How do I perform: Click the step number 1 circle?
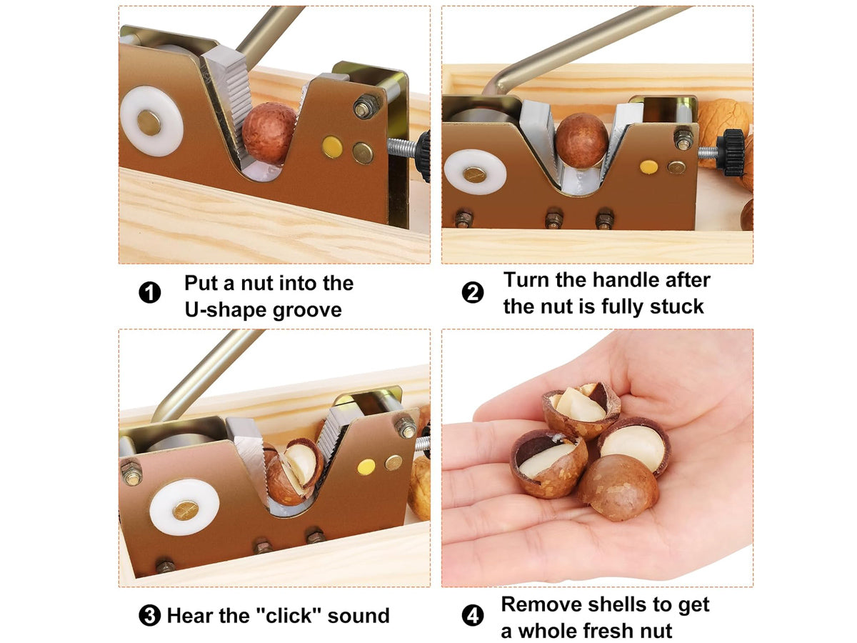[x=149, y=292]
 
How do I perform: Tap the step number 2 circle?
[x=473, y=292]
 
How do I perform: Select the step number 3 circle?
[x=149, y=615]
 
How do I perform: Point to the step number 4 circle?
[x=473, y=616]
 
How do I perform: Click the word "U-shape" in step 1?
[x=224, y=310]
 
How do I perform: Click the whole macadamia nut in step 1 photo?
[x=269, y=133]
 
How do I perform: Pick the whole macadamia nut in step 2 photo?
[x=582, y=140]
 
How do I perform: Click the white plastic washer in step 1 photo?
[x=151, y=121]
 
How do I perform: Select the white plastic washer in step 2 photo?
[x=475, y=172]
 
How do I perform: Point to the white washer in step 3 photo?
[x=184, y=507]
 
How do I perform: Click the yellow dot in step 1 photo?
[x=332, y=146]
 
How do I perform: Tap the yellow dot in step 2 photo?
[x=648, y=166]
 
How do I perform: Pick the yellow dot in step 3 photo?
[x=366, y=467]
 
